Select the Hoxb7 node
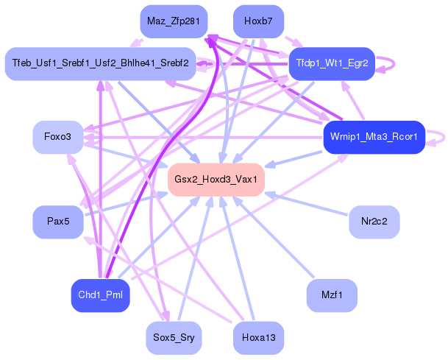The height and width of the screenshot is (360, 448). coord(258,21)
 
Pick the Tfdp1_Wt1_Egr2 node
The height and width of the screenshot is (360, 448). coord(333,64)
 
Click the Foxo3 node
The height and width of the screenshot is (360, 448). coord(57,137)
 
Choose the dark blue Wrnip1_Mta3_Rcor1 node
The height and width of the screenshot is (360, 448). coord(374,137)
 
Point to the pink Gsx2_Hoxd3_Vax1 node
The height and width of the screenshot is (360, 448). coord(216,180)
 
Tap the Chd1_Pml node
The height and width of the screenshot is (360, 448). coord(100,295)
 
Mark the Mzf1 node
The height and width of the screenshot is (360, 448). coord(332,295)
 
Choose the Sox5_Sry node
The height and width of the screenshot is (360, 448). coord(174,339)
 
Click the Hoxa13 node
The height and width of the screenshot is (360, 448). coord(258,339)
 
